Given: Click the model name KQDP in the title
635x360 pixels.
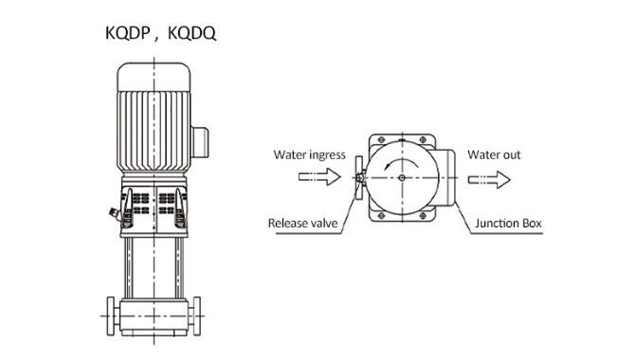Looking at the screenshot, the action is tap(128, 33).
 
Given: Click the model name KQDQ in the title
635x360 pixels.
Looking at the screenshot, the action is tap(191, 33).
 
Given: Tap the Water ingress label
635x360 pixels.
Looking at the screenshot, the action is tap(309, 155).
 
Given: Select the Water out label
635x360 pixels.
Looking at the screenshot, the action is tap(494, 154).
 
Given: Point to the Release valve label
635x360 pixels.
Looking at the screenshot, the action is tap(302, 224).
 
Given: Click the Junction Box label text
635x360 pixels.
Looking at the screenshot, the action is tap(508, 224).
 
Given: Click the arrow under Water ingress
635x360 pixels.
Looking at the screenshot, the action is tap(319, 177).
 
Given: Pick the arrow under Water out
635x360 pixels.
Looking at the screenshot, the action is tap(489, 179).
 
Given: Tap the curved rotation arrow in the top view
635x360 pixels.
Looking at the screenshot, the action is tap(402, 162).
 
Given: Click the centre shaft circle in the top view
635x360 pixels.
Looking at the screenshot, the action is tap(402, 178).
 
